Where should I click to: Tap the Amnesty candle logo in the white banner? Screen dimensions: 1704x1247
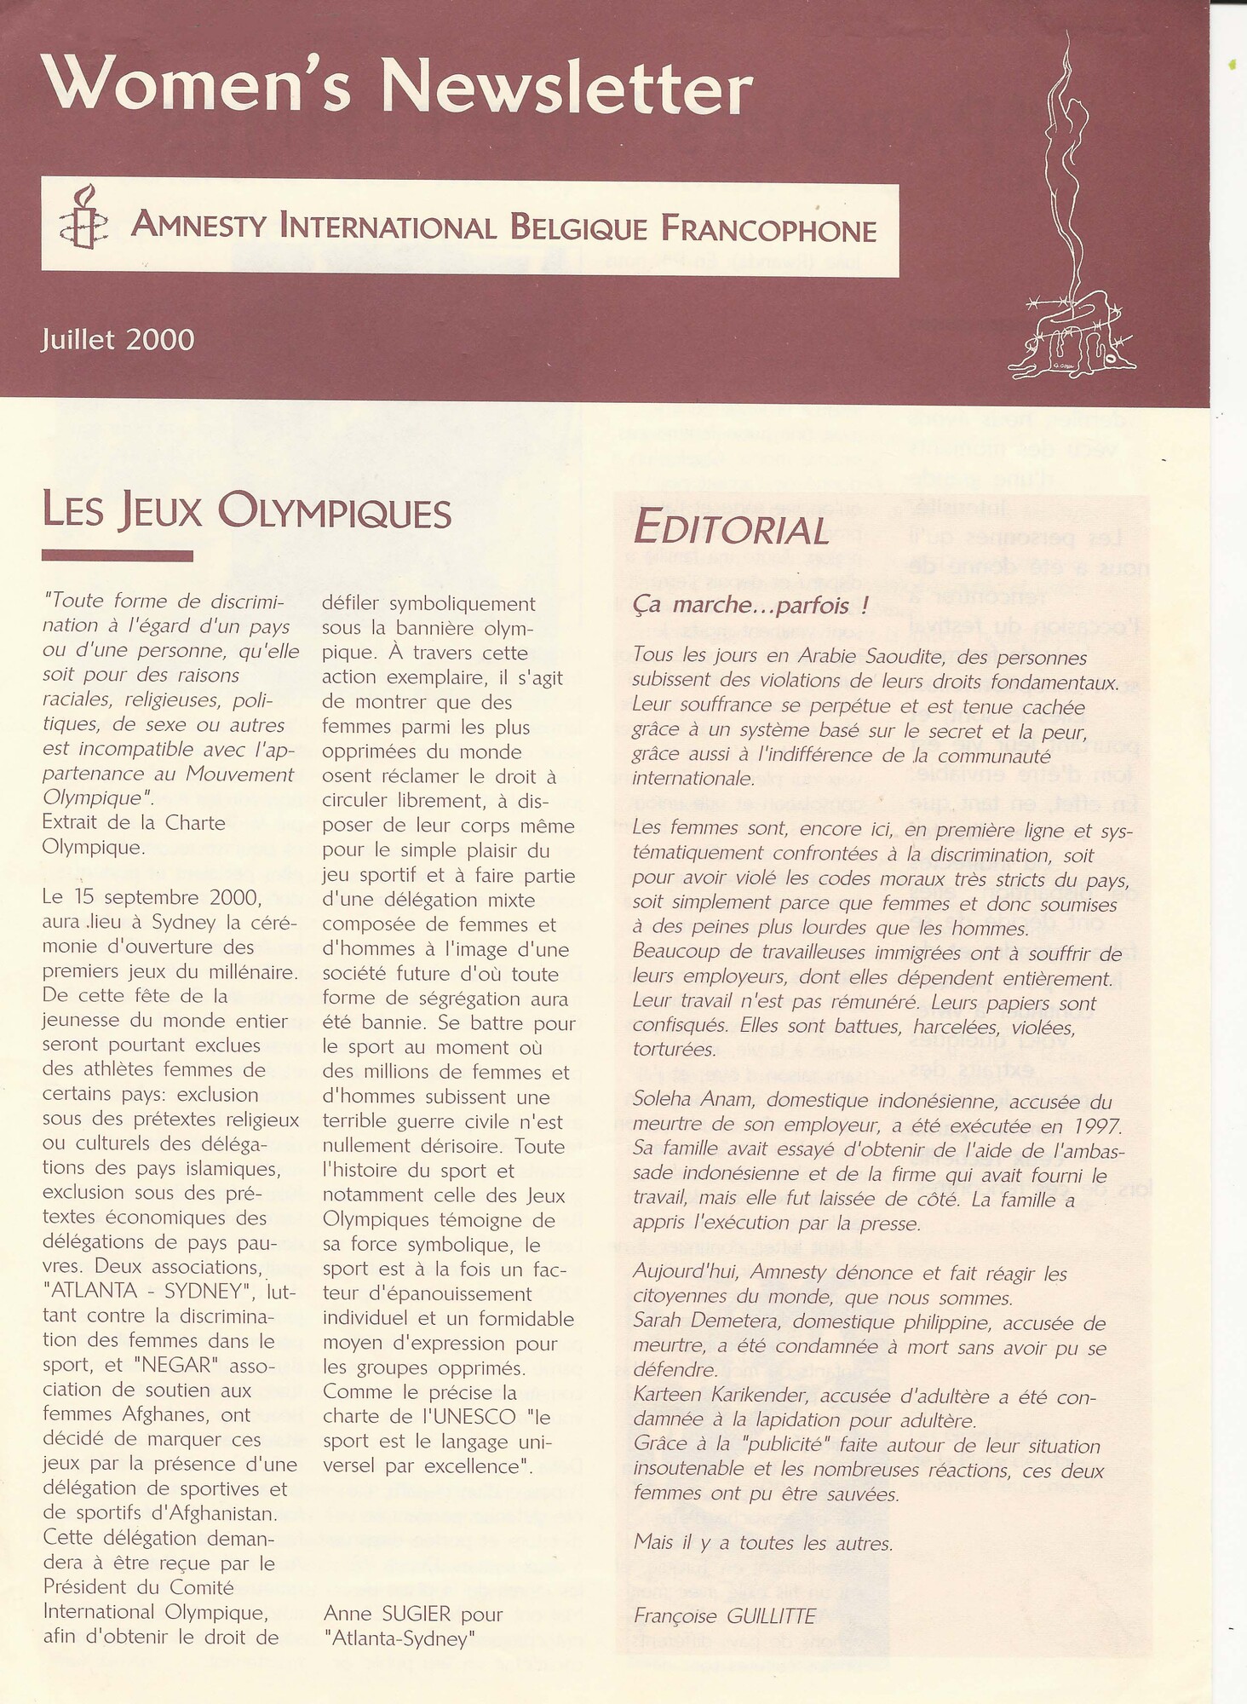coord(83,218)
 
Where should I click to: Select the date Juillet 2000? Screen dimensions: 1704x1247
coord(118,340)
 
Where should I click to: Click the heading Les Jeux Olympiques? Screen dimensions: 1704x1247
coord(246,512)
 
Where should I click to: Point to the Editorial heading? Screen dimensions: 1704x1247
coord(731,528)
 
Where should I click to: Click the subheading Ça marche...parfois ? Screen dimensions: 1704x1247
coord(750,605)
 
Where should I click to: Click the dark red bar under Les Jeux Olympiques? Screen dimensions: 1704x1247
coord(117,556)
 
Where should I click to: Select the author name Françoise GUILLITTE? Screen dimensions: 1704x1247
coord(724,1616)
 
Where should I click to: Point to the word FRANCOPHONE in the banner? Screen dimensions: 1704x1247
coord(768,229)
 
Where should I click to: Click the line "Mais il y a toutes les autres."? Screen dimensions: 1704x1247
coord(763,1542)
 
